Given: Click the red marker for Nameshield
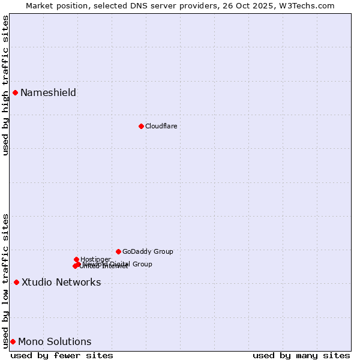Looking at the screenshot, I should tap(15, 92).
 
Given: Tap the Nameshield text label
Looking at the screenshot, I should tap(48, 92).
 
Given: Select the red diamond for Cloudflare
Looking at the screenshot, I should tap(141, 126).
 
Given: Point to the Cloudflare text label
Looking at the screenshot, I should tap(161, 126).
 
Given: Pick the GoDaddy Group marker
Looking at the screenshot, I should tap(118, 251).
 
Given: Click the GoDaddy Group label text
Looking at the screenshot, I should tap(148, 251).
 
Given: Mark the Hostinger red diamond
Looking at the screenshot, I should tap(76, 259).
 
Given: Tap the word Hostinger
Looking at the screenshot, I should tap(96, 259).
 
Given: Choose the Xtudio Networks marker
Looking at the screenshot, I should tap(16, 282).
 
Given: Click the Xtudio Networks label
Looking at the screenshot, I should tap(61, 282).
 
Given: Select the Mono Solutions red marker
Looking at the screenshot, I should tap(13, 341).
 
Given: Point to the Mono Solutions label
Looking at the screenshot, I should tap(55, 341).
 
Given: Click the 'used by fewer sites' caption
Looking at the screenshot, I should tap(62, 355).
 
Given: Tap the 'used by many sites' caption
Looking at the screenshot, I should tap(301, 355).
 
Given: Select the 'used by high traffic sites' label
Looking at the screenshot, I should tap(5, 85).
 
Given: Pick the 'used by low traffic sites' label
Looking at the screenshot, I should tap(5, 281).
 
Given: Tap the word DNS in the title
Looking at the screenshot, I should tap(140, 5).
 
